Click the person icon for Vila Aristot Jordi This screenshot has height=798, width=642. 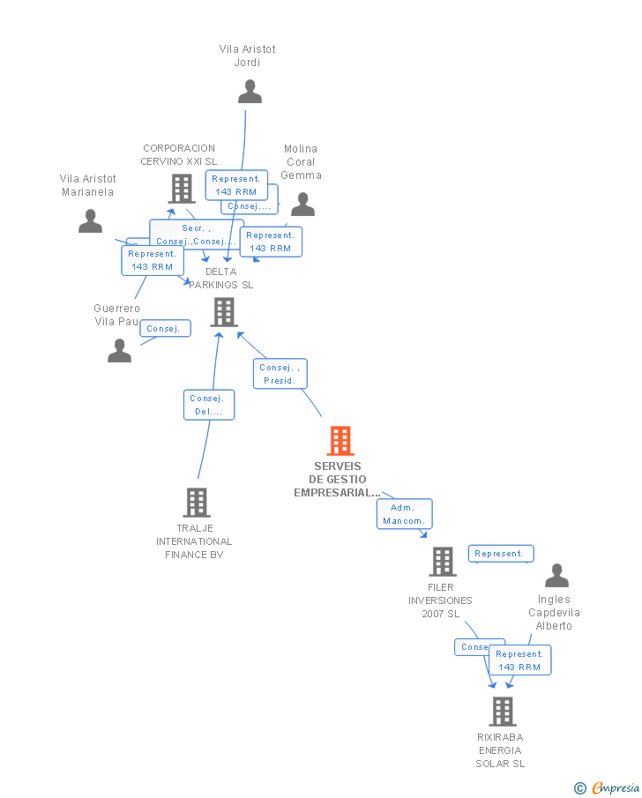[x=250, y=92]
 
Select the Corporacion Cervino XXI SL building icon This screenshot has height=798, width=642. [x=182, y=189]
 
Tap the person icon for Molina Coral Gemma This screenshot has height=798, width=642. [x=302, y=205]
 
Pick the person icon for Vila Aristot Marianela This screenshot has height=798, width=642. [x=90, y=221]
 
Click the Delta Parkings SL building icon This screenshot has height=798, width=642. [x=224, y=312]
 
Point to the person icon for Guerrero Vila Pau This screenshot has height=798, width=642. [x=120, y=351]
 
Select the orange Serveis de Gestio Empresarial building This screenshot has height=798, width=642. [x=340, y=440]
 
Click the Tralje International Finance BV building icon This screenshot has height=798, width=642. [x=196, y=503]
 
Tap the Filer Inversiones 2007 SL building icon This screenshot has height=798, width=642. [x=442, y=562]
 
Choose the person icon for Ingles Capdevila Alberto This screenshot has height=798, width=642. [x=556, y=576]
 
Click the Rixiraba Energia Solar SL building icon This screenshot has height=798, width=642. [x=502, y=711]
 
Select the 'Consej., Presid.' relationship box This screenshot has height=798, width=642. [x=280, y=374]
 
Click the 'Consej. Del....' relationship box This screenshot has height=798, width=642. [x=210, y=405]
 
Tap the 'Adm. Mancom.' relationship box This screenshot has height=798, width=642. [x=404, y=514]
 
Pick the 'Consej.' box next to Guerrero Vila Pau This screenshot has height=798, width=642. [x=165, y=329]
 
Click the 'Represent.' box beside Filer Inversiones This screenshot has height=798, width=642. [x=500, y=554]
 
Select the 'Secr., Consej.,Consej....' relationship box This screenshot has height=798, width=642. [x=195, y=235]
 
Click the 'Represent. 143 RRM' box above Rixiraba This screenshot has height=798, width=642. [x=519, y=660]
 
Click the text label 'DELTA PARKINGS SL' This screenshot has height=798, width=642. [x=220, y=278]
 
